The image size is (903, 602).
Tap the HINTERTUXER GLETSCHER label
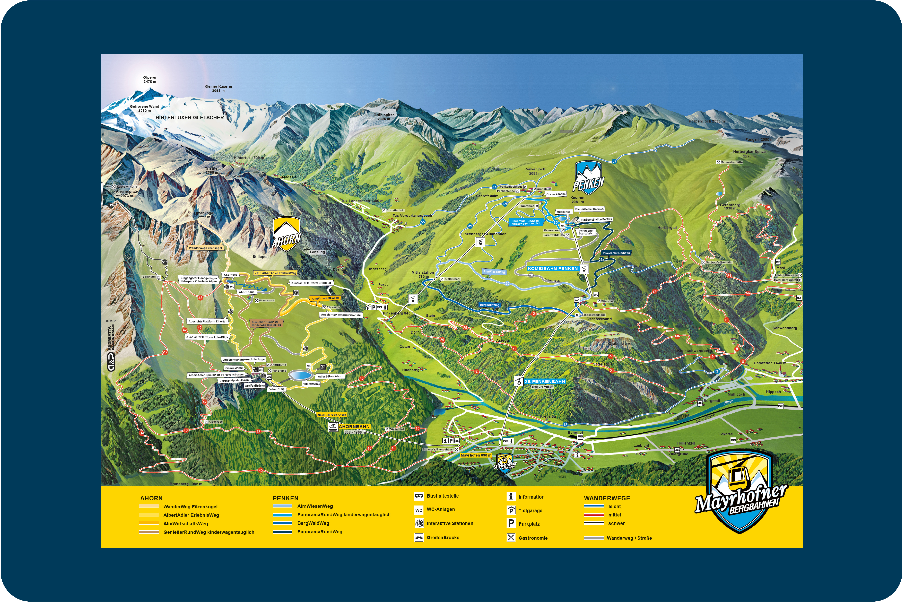[190, 117]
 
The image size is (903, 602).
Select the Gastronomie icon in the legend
[511, 538]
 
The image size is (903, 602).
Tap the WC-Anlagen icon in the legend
[418, 510]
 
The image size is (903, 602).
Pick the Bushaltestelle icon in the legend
[418, 496]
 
